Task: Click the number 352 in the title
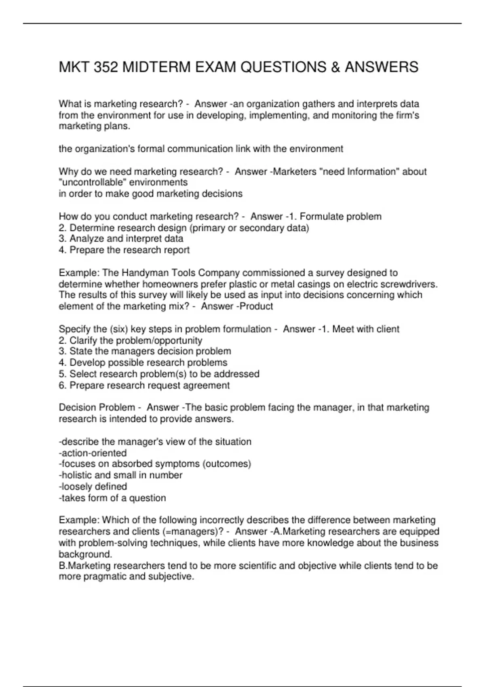point(106,67)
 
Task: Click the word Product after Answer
point(257,306)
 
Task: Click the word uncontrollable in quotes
point(93,182)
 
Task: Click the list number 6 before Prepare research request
point(62,386)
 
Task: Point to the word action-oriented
point(93,453)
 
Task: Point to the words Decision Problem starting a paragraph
point(97,407)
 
